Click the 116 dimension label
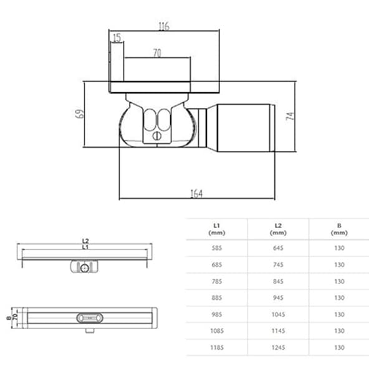(164, 27)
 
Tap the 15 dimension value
(117, 39)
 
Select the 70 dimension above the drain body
(157, 54)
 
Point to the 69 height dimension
(79, 115)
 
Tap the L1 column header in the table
(216, 228)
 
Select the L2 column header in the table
(277, 228)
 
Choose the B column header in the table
(338, 228)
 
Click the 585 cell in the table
(216, 248)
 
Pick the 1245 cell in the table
(277, 347)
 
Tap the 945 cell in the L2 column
(277, 297)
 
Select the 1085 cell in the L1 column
(216, 330)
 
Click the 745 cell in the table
(277, 264)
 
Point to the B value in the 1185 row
(338, 347)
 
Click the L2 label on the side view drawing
(85, 240)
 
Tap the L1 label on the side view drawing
(85, 247)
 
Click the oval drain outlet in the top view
(88, 317)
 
